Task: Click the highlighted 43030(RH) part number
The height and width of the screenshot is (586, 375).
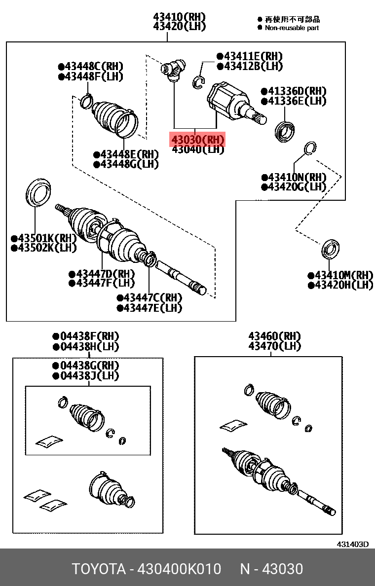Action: pos(198,140)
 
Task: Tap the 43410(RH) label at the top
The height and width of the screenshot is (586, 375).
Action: pos(180,17)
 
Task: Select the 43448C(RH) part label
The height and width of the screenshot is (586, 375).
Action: pos(90,67)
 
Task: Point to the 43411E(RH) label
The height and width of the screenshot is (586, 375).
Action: pos(249,56)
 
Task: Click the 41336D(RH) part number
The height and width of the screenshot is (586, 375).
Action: pos(294,91)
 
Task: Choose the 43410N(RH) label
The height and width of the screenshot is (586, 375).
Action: pos(294,177)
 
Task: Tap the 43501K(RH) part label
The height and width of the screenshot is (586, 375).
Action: pos(43,238)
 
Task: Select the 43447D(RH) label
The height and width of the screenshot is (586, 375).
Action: pos(102,274)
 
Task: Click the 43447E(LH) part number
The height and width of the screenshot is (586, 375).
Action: pos(149,308)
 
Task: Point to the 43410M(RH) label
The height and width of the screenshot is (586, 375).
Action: pos(340,275)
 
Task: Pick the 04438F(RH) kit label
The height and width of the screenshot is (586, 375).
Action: pos(86,336)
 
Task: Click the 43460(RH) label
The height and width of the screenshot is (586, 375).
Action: pos(275,336)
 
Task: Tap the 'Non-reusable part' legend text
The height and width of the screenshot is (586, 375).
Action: pos(292,28)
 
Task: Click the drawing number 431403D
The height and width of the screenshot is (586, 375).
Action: pos(353,544)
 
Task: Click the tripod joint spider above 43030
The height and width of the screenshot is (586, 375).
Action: pos(173,69)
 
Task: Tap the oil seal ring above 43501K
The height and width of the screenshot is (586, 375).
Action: pos(38,193)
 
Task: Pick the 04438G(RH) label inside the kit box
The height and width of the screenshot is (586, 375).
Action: pos(86,366)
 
